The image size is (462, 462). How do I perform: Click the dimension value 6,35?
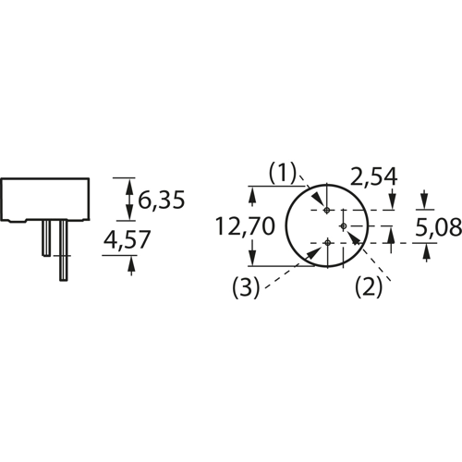162,199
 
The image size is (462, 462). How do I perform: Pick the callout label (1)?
282,173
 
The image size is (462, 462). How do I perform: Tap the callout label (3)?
245,286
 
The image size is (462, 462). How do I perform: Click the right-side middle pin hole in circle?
343,225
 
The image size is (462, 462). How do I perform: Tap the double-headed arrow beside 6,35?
129,198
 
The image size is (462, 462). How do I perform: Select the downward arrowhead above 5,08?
423,201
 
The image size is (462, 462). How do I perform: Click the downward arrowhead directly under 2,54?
393,202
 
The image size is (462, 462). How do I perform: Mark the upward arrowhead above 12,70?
249,194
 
